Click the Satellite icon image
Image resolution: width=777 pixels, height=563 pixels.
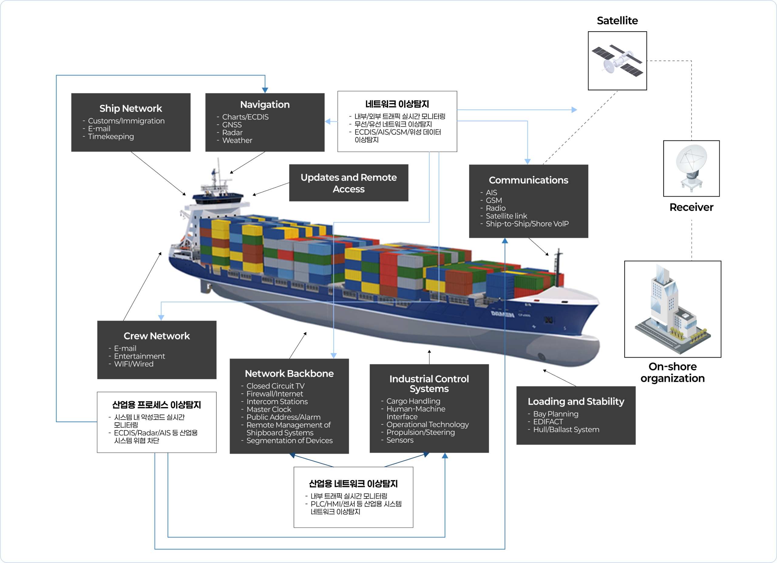pos(617,61)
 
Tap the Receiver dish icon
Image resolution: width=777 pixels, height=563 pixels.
pos(691,168)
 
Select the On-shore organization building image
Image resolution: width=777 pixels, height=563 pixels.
pos(672,309)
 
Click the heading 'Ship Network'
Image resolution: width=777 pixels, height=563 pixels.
pos(131,109)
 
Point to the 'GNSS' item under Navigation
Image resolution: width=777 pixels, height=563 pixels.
pos(232,125)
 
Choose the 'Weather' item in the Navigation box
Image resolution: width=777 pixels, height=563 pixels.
pos(237,140)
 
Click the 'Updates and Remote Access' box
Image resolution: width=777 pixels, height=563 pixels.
pos(348,183)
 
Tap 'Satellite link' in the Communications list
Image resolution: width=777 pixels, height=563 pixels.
pos(506,216)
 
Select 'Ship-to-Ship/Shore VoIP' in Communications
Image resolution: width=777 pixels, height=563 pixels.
pos(527,224)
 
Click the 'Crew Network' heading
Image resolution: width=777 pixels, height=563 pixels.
pos(157,336)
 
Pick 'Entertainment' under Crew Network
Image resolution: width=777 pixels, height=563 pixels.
pos(139,356)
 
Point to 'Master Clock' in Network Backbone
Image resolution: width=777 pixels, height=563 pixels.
pos(269,409)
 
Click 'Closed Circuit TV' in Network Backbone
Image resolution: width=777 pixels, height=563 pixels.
pos(276,386)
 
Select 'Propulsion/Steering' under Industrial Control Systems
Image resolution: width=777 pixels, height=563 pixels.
pos(420,432)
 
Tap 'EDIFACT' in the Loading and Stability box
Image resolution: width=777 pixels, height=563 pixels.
pos(548,422)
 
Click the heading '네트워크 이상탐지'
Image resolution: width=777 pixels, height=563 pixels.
pos(397,104)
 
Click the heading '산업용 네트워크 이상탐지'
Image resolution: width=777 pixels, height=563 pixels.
pos(353,484)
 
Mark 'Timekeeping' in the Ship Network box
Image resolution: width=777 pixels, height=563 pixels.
pos(111,137)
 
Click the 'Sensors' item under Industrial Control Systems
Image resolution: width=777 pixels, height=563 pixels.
pos(400,440)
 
